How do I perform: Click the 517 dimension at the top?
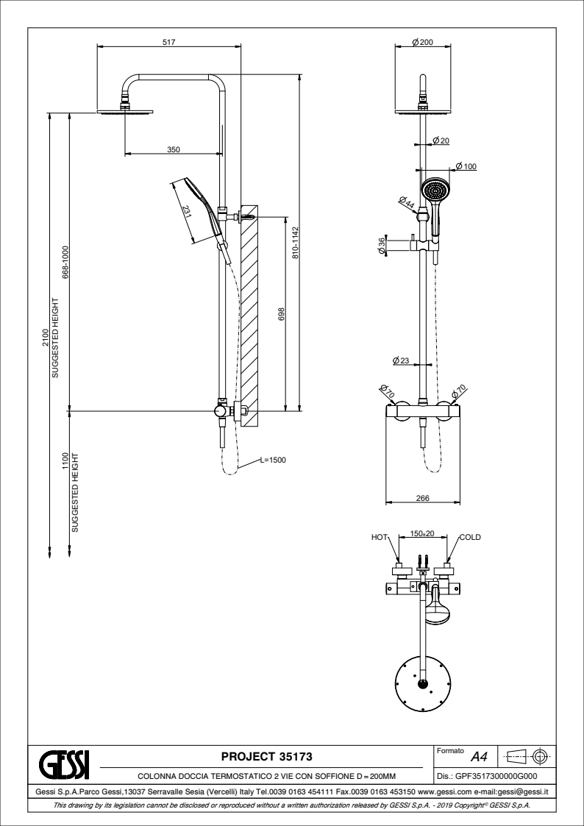click(168, 42)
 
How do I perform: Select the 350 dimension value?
click(173, 149)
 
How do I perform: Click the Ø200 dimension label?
click(422, 42)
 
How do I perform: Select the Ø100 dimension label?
click(466, 166)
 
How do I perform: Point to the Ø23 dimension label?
click(401, 360)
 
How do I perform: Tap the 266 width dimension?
click(422, 498)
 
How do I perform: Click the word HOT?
click(379, 538)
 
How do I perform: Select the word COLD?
click(470, 538)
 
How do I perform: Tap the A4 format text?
click(479, 756)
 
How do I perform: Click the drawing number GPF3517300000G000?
click(487, 775)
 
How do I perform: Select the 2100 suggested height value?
click(45, 337)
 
